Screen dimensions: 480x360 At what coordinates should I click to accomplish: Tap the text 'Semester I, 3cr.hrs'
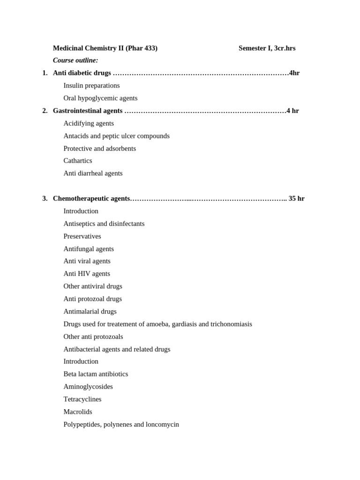(267, 48)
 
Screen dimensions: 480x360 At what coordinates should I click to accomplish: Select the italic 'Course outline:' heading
(75, 60)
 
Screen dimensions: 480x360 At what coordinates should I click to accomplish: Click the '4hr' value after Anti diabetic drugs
(294, 73)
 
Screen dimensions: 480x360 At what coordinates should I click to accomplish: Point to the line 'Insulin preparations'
(91, 86)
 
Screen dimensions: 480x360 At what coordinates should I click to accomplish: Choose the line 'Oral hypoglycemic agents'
(100, 98)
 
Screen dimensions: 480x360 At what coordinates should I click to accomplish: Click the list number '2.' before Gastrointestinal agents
(45, 111)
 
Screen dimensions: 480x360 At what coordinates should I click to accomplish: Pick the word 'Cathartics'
(78, 161)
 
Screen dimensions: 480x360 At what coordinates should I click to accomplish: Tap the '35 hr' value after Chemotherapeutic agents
(296, 199)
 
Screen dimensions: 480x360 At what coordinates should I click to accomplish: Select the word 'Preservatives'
(82, 236)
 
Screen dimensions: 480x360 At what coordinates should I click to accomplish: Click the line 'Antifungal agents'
(89, 249)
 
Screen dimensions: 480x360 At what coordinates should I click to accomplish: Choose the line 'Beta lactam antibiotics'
(96, 374)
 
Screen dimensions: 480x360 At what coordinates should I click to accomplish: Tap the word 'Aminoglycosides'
(88, 387)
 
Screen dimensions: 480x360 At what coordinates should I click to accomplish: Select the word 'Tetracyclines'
(82, 399)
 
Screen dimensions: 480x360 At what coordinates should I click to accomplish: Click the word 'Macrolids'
(78, 412)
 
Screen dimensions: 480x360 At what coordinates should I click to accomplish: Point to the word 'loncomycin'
(162, 425)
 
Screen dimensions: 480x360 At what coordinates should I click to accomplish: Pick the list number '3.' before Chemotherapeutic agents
(45, 199)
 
